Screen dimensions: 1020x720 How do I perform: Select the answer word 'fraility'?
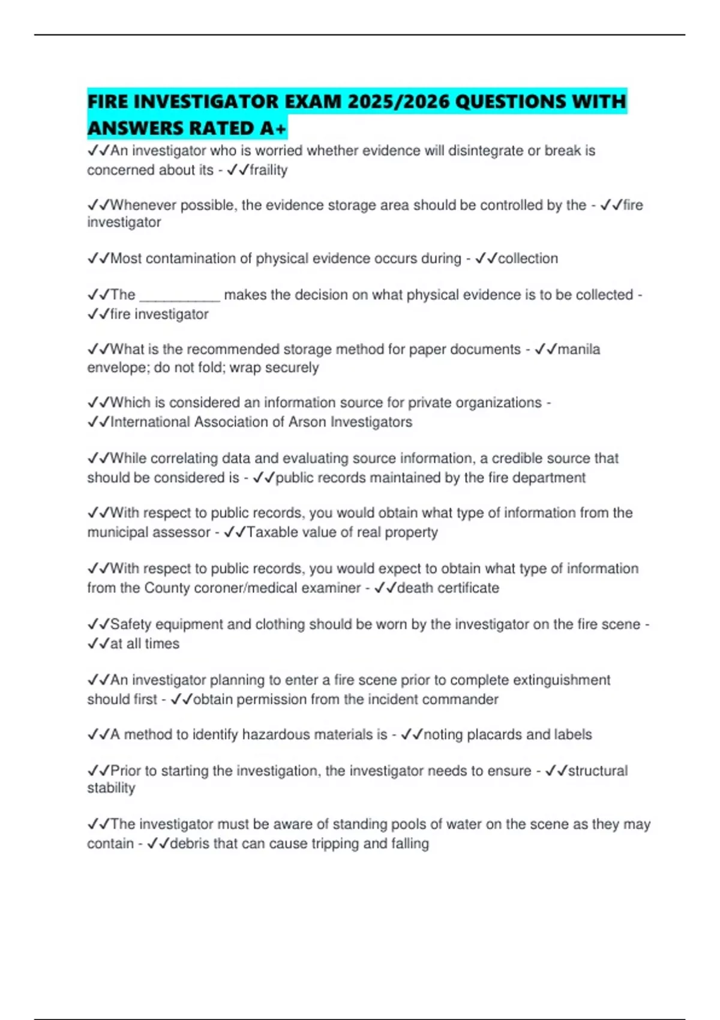268,170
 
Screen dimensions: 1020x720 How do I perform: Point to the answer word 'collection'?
528,259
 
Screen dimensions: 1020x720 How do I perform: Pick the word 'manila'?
578,349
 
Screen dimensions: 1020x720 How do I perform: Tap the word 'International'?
150,422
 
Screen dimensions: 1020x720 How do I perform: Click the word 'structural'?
598,770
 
